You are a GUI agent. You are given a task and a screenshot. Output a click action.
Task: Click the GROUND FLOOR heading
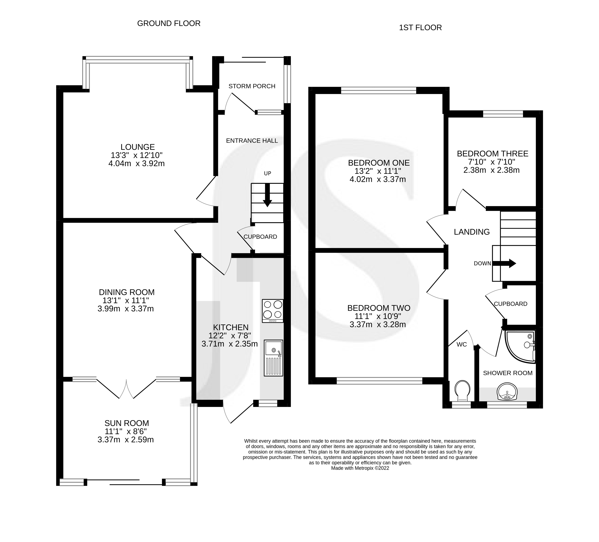click(169, 23)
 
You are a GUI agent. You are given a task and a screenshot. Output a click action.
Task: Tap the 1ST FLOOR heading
click(420, 28)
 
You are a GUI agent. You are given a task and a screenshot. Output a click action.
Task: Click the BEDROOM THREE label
click(492, 154)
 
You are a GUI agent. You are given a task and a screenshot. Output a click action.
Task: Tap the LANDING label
click(472, 232)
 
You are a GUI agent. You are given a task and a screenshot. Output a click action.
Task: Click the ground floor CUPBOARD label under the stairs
click(260, 237)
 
